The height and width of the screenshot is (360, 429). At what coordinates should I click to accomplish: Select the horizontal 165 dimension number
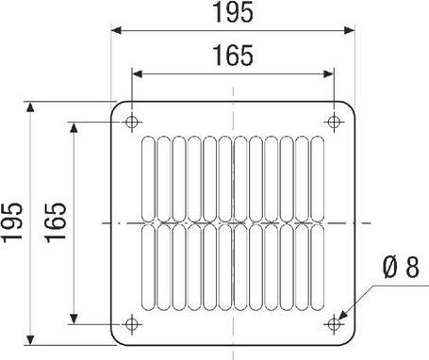pyautogui.click(x=232, y=57)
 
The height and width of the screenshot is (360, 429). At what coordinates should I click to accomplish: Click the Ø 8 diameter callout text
pyautogui.click(x=400, y=270)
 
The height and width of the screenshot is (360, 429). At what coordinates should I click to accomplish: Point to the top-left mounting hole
pyautogui.click(x=131, y=122)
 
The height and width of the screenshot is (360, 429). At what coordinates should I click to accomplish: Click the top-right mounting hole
pyautogui.click(x=333, y=122)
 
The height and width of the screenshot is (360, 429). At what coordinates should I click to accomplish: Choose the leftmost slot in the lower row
pyautogui.click(x=150, y=268)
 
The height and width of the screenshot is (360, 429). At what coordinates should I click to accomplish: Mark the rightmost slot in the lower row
pyautogui.click(x=315, y=268)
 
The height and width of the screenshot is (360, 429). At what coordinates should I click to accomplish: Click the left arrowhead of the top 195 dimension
pyautogui.click(x=117, y=30)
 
